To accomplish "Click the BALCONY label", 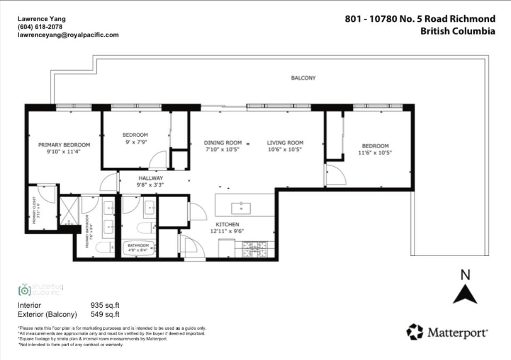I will (x=303, y=78).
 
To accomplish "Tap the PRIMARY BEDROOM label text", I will (x=64, y=145).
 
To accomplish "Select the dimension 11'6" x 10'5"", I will (x=375, y=153).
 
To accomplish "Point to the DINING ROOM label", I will (x=223, y=143).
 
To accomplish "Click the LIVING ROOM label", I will (x=285, y=143).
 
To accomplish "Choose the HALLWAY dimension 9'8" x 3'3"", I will (x=151, y=185).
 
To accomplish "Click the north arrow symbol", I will (x=465, y=294).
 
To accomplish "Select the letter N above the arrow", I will (x=465, y=275).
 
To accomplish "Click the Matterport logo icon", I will (x=415, y=332).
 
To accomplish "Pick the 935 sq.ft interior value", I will (x=105, y=305).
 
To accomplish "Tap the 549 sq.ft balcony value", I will (x=105, y=314).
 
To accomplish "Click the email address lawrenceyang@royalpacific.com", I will (x=68, y=35).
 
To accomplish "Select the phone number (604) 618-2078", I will (x=39, y=27).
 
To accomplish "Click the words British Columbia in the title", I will (x=458, y=31).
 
